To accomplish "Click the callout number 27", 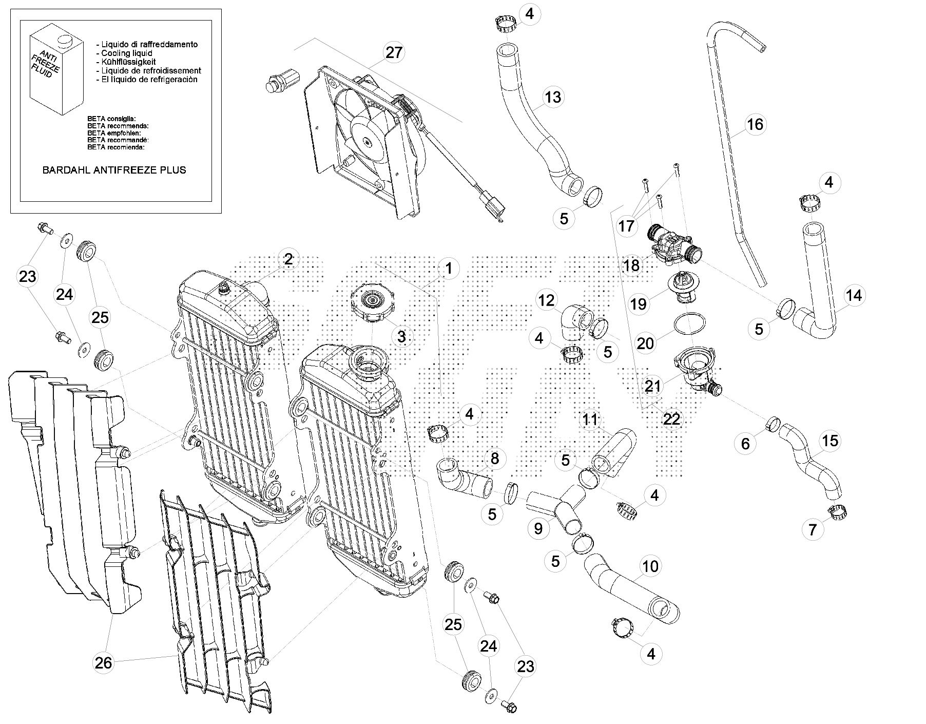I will point(394,53).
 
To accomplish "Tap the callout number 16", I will point(755,124).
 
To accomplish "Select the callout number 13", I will point(553,97).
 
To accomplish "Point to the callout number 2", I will point(288,259).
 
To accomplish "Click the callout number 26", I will point(103,663).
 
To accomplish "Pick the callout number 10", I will point(650,566).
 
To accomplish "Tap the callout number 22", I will point(671,420).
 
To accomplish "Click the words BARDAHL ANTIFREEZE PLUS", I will point(114,170).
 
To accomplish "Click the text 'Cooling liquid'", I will point(126,53).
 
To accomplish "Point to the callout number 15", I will point(830,441).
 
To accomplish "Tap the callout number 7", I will point(812,529).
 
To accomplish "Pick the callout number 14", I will point(854,296).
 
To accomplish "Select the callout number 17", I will point(626,226).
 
